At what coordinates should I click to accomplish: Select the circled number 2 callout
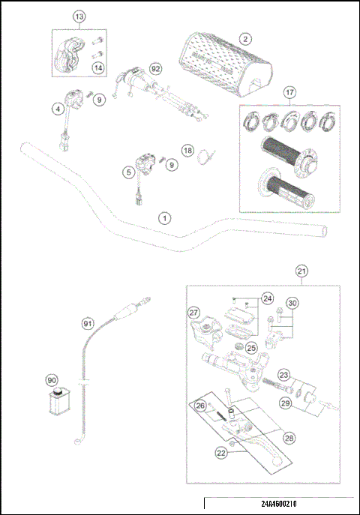[x=245, y=38]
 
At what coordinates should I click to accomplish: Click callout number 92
[x=155, y=69]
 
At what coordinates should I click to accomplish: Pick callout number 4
[x=57, y=109]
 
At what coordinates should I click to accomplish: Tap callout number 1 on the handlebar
[x=165, y=218]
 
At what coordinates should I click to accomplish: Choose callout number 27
[x=193, y=313]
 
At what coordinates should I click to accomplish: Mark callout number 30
[x=293, y=303]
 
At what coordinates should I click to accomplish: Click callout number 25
[x=251, y=347]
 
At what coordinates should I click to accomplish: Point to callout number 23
[x=284, y=374]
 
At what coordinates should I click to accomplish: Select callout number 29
[x=284, y=403]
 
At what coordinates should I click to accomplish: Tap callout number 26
[x=199, y=406]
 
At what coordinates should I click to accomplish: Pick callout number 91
[x=88, y=323]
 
